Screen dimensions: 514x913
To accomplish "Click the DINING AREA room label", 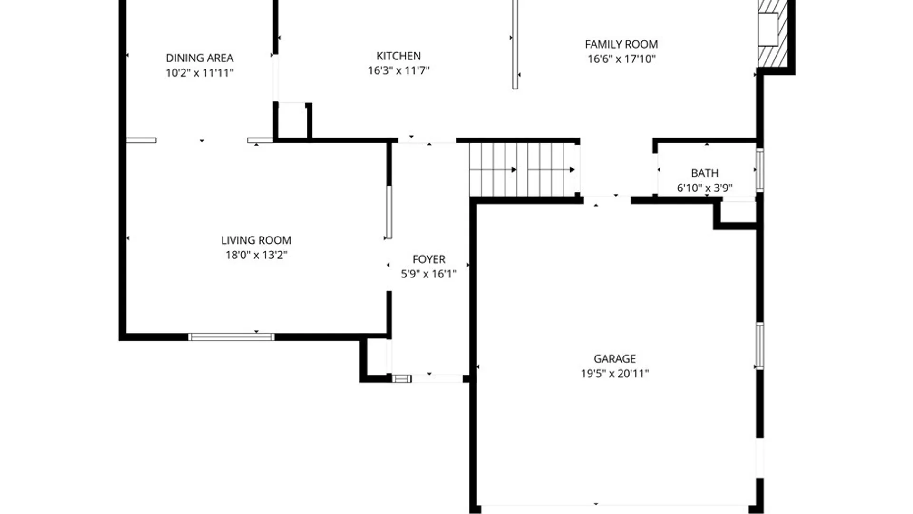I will (x=199, y=58).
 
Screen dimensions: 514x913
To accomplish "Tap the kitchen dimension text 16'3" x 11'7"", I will (x=398, y=71).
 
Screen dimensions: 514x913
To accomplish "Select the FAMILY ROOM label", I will (x=621, y=44).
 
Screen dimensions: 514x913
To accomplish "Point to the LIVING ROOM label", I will (x=256, y=240).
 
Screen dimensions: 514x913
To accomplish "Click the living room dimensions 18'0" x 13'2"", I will (x=256, y=255).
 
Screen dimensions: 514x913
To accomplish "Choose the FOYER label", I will (x=428, y=259).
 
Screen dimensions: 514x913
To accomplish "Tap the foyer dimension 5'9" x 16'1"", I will (x=428, y=274).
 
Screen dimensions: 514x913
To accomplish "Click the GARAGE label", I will (x=614, y=359).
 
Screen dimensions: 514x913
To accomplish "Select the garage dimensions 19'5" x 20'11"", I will (x=614, y=374).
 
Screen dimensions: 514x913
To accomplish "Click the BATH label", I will (x=704, y=173).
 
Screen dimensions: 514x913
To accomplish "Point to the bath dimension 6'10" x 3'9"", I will (x=704, y=188).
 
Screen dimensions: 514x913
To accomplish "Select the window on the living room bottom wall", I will (x=232, y=337).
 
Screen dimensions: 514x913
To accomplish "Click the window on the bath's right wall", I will (x=759, y=170).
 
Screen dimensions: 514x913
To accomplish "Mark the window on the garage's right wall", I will (x=759, y=346).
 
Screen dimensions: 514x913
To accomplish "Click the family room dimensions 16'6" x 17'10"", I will (x=621, y=59).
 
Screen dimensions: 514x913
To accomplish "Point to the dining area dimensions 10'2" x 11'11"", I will (x=199, y=73).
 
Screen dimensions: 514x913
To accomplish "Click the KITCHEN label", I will (x=398, y=56).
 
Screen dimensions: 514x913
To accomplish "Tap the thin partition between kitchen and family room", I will (x=515, y=45).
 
